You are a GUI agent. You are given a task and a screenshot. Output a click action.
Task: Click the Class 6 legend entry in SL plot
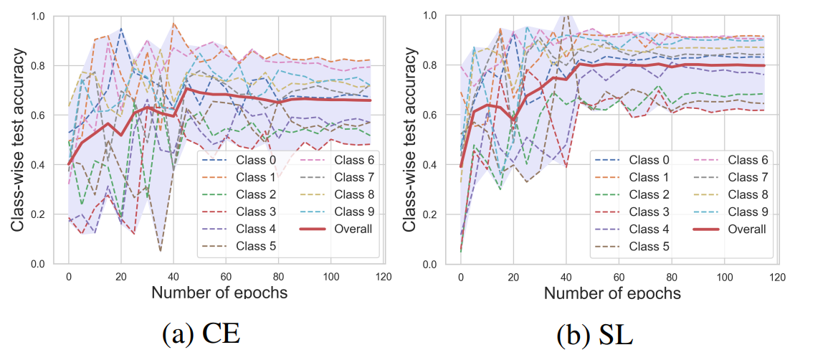click(738, 159)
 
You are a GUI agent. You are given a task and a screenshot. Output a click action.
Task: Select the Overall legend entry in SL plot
click(738, 229)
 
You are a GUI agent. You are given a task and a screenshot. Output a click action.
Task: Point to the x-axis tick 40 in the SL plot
click(566, 276)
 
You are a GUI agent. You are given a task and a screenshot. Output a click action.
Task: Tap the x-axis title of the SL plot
click(614, 293)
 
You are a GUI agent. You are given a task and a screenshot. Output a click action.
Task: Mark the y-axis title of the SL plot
click(411, 139)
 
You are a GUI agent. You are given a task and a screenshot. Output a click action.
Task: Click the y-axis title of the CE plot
click(19, 139)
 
